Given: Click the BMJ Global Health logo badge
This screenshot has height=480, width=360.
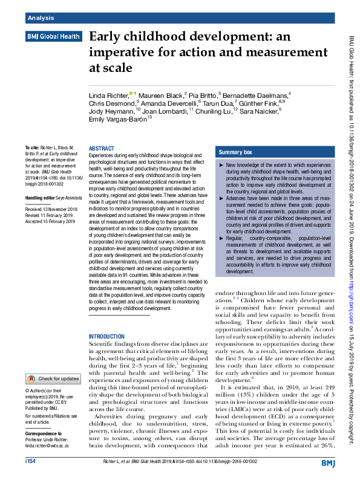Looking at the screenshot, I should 53,37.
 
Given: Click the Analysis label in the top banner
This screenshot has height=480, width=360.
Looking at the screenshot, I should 41,18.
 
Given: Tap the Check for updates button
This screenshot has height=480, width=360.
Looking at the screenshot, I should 53,379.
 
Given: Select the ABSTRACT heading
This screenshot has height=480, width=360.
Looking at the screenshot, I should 101,148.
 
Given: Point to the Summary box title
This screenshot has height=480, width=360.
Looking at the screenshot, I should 236,152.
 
